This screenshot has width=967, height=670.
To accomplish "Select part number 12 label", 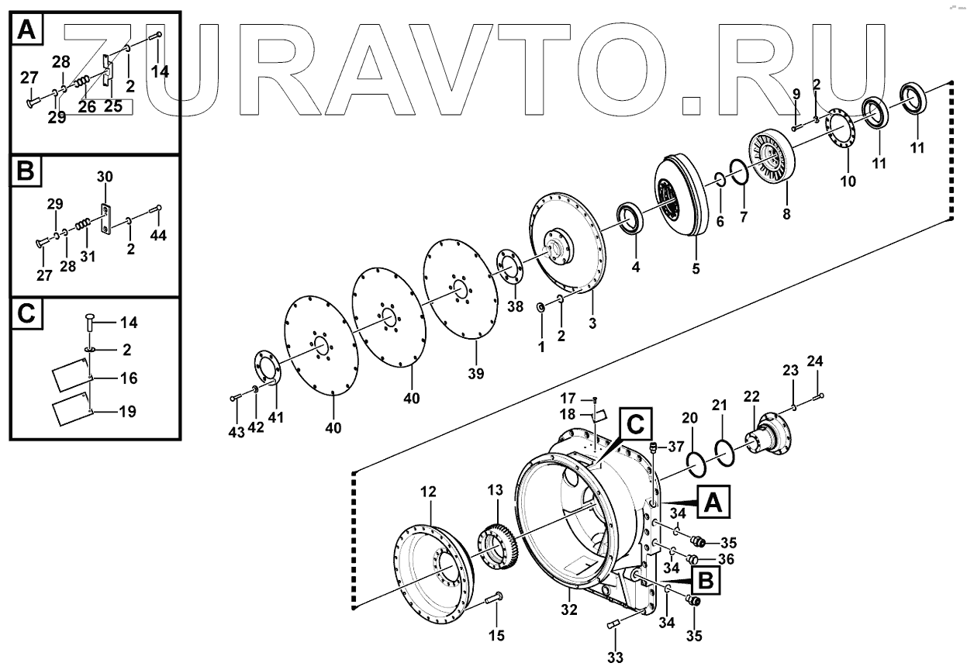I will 428,492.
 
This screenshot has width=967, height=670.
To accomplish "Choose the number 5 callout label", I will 696,268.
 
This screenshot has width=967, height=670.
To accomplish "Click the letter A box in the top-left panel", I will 26,31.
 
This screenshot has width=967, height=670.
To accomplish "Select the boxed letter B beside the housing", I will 703,580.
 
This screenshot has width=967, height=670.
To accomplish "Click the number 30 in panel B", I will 105,178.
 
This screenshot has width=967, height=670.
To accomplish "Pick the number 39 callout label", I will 475,373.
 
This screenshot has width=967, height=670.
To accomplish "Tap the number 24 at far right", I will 815,361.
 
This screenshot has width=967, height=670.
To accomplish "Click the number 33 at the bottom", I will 615,657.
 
